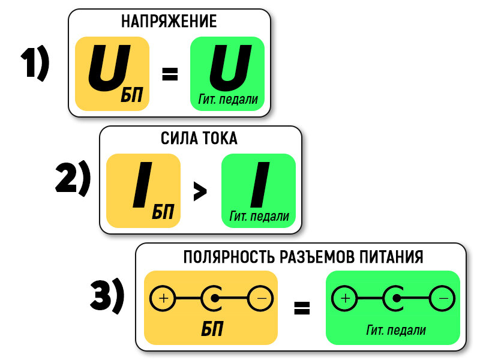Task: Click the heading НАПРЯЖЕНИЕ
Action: click(x=169, y=21)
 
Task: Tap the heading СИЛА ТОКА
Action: click(x=199, y=138)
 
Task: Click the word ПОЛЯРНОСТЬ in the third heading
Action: click(x=229, y=257)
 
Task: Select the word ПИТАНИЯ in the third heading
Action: click(x=391, y=257)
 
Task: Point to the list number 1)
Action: click(x=35, y=64)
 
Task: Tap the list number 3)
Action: click(x=107, y=296)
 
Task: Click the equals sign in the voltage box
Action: click(x=170, y=74)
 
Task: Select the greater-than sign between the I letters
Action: click(x=200, y=191)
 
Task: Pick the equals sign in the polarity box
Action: click(x=302, y=308)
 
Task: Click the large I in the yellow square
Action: click(x=143, y=185)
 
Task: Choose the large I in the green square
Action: click(x=260, y=185)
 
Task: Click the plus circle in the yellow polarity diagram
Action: click(x=163, y=298)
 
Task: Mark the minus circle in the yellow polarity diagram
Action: click(x=260, y=298)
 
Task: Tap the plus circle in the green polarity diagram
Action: click(x=344, y=298)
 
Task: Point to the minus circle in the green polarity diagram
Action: click(x=442, y=298)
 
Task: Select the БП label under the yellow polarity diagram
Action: click(x=212, y=329)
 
